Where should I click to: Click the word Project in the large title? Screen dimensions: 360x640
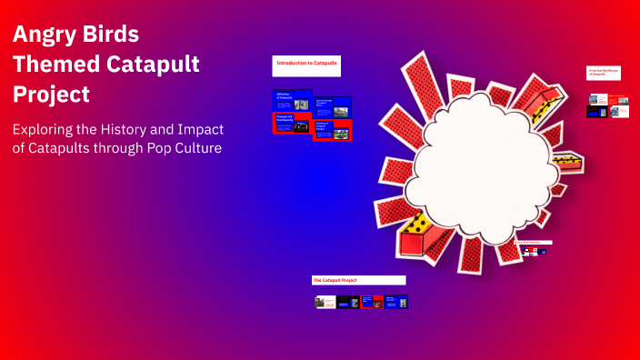tap(51, 94)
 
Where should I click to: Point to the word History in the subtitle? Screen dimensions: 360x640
tap(139, 129)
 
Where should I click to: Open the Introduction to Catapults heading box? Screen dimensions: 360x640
tap(306, 65)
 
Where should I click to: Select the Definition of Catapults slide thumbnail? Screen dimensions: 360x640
tap(292, 101)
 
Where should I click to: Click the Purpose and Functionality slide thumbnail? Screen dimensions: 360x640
tap(292, 124)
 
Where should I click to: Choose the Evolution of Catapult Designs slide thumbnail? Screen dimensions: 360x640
tap(332, 129)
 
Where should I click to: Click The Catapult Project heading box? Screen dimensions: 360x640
tap(358, 280)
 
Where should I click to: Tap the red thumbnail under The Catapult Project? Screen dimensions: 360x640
tap(372, 302)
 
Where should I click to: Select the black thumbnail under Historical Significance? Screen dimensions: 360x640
tap(595, 112)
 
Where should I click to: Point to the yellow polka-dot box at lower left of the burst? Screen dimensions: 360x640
tap(421, 235)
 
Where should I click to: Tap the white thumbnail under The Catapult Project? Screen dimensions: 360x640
tap(325, 302)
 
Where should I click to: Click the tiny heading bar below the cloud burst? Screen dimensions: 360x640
tap(535, 242)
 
